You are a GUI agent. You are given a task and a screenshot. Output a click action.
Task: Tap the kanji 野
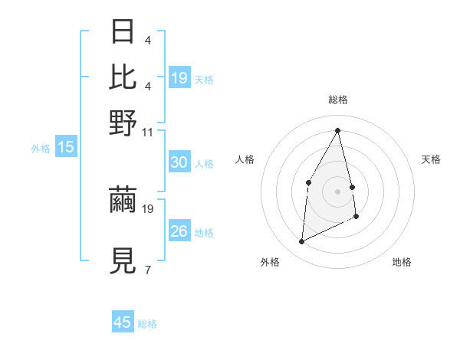pyautogui.click(x=124, y=122)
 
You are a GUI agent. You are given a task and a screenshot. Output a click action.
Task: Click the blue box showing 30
pyautogui.click(x=179, y=162)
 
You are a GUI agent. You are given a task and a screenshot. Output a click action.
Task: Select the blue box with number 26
pyautogui.click(x=179, y=231)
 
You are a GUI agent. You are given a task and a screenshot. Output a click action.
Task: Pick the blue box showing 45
pyautogui.click(x=123, y=322)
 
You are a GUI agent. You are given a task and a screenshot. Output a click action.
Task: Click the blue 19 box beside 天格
pyautogui.click(x=179, y=78)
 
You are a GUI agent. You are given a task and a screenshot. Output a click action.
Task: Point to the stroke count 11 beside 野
pyautogui.click(x=148, y=133)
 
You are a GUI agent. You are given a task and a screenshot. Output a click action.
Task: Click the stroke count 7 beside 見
pyautogui.click(x=147, y=270)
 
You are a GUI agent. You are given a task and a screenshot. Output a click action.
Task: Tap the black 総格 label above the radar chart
pyautogui.click(x=338, y=100)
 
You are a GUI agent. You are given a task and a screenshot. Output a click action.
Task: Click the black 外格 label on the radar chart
pyautogui.click(x=270, y=262)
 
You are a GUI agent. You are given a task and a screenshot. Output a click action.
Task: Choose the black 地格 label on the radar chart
pyautogui.click(x=402, y=262)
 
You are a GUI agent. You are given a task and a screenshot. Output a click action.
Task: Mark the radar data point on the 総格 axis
pyautogui.click(x=338, y=129)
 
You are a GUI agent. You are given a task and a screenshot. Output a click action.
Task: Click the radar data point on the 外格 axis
pyautogui.click(x=301, y=242)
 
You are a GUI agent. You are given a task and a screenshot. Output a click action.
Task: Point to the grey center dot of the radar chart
pyautogui.click(x=338, y=191)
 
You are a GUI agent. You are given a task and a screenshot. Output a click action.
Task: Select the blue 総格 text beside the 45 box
pyautogui.click(x=147, y=324)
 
